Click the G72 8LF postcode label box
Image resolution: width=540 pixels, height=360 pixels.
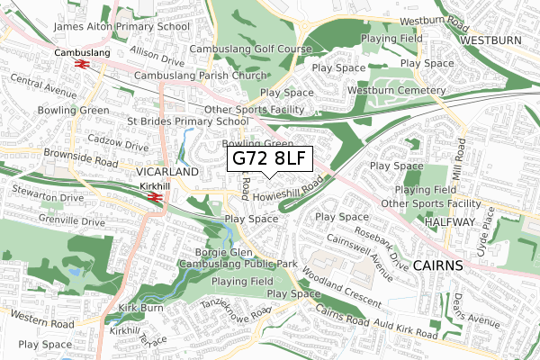click(x=270, y=159)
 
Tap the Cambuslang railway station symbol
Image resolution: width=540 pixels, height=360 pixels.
click(x=79, y=65)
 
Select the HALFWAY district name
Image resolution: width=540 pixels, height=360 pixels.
click(x=450, y=222)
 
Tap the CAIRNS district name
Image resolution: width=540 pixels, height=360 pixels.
click(x=438, y=265)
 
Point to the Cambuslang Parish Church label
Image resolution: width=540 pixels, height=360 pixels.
click(x=200, y=76)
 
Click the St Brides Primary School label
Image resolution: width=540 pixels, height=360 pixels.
click(x=188, y=121)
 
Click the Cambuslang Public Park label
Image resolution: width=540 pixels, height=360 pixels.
click(x=238, y=265)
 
